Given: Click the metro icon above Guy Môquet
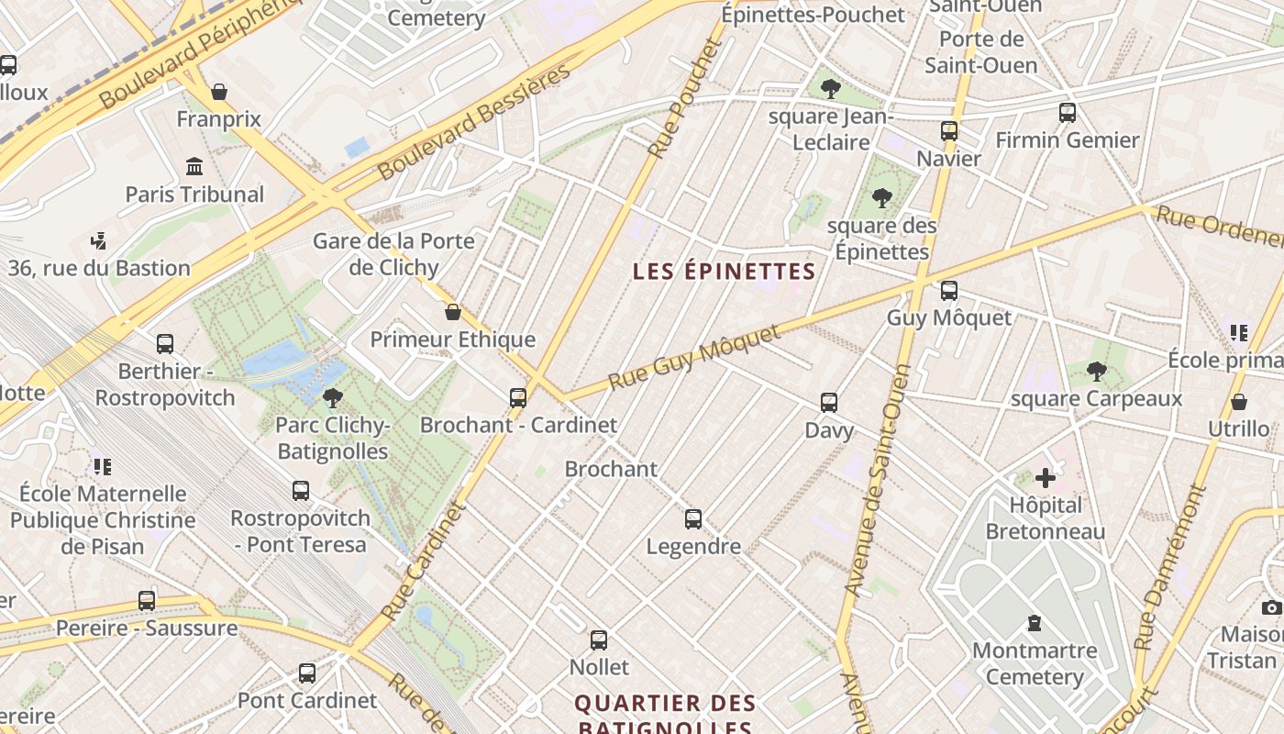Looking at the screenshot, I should (949, 291).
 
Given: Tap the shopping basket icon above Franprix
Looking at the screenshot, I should (219, 92).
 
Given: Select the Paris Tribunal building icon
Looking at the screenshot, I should (194, 167).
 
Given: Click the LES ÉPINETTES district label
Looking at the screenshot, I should (724, 272).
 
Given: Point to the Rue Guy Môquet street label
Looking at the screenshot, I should (694, 356).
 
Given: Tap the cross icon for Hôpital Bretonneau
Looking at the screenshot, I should (1046, 478).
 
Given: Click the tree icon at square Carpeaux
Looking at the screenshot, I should (1096, 372).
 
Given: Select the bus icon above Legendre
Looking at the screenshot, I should (693, 519).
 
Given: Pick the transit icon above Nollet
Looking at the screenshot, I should (599, 640).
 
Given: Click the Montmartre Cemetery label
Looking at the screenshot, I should (1035, 663).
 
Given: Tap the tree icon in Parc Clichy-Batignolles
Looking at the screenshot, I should (333, 398).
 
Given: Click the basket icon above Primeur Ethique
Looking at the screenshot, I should (452, 312).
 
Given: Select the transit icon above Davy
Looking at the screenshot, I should (829, 403).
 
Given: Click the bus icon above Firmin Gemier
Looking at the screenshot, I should (1068, 113).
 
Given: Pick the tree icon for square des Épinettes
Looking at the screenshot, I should (882, 198).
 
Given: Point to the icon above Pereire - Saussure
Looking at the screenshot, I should (147, 601).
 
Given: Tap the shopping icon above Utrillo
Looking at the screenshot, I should (1238, 402).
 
